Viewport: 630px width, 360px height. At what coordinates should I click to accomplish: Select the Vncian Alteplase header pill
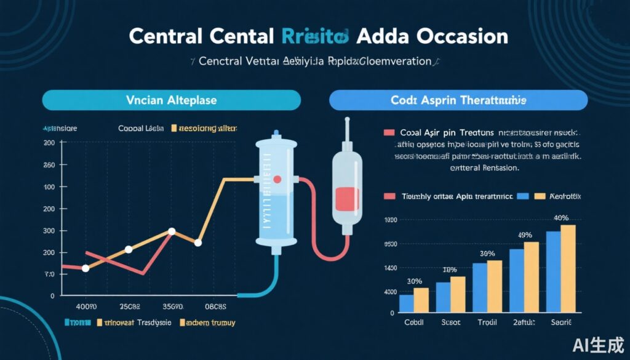(172, 100)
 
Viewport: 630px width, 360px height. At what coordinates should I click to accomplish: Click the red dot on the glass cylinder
(277, 180)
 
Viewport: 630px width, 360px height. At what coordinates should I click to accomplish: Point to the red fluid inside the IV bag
(347, 199)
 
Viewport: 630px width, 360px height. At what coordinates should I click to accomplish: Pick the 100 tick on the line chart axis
(49, 186)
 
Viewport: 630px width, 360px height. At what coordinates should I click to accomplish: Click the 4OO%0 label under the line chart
(86, 306)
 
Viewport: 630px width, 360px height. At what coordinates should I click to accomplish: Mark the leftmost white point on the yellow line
(86, 268)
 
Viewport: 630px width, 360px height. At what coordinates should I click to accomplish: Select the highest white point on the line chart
(172, 231)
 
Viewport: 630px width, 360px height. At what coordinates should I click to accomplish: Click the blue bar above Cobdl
(406, 303)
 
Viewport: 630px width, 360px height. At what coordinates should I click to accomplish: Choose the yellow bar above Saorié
(568, 268)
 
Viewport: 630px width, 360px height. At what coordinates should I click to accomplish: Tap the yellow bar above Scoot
(458, 294)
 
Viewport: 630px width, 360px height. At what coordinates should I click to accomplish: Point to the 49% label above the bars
(524, 234)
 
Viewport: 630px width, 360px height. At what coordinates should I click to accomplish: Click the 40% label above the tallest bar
(560, 218)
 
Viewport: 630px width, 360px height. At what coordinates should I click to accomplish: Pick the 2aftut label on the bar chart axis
(524, 322)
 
